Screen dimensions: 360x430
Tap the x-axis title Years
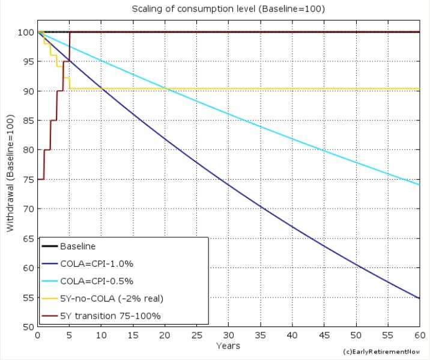coord(228,346)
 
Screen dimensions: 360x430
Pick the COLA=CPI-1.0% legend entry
coord(88,263)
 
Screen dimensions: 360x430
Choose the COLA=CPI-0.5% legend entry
coord(88,280)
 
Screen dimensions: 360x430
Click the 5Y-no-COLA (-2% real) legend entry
coord(102,297)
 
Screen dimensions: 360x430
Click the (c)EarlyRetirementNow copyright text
coord(381,351)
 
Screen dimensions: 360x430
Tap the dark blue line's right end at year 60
coord(419,298)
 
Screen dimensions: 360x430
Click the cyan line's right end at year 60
coord(419,185)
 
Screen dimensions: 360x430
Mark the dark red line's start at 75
coord(38,179)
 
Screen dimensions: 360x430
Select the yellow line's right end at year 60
coord(419,89)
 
